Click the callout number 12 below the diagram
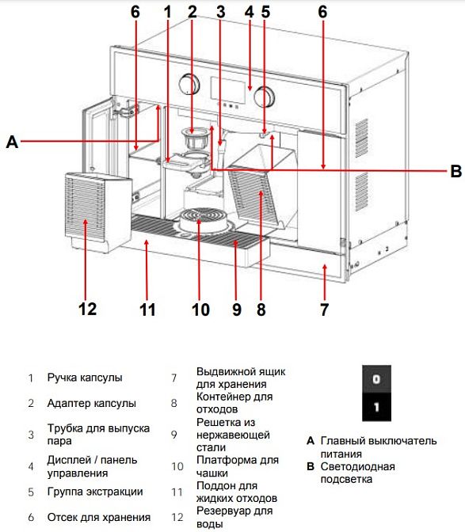[x=88, y=309]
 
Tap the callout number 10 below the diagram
[x=200, y=310]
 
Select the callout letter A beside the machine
[x=12, y=141]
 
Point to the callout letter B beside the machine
[x=455, y=171]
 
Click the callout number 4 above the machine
[x=249, y=12]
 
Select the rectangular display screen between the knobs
[x=228, y=89]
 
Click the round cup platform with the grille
[x=200, y=221]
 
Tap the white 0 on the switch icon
[x=376, y=379]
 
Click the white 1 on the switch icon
[x=376, y=407]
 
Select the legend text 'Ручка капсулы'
[x=85, y=378]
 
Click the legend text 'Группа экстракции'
[x=95, y=492]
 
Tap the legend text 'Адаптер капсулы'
[x=92, y=404]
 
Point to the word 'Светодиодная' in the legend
[x=358, y=467]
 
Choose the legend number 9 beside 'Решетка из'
[x=173, y=435]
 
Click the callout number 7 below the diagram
[x=325, y=310]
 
